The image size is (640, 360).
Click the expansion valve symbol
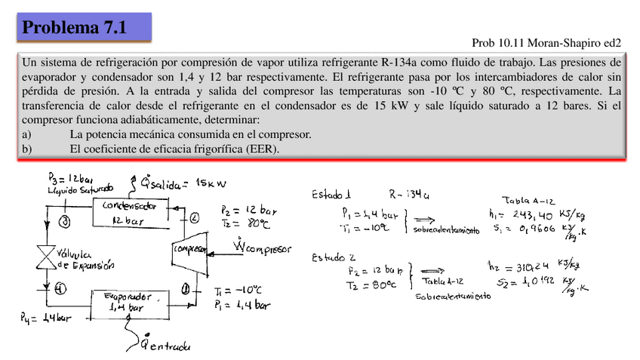(x=48, y=255)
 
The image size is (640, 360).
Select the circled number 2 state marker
(x=194, y=218)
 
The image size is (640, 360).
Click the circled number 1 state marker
(x=186, y=287)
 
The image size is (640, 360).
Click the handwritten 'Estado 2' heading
(x=335, y=257)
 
